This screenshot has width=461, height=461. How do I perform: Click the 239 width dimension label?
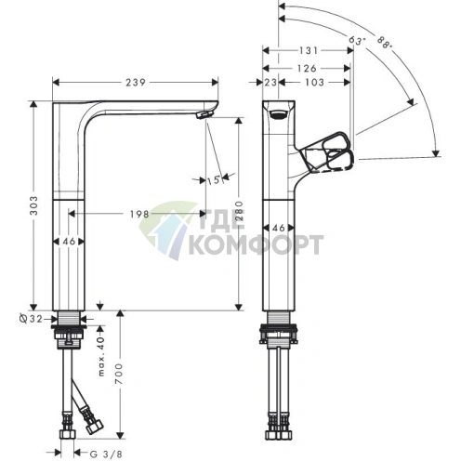136,83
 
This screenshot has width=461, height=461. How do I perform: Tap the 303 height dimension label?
33,205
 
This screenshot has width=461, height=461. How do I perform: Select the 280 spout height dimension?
240,211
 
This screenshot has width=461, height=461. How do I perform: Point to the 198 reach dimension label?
139,214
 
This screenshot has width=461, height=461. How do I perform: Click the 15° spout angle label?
215,180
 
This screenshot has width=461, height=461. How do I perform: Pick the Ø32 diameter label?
31,319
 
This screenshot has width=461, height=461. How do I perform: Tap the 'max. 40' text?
101,357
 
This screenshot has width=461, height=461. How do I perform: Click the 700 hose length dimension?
119,374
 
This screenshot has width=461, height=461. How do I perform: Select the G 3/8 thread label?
106,454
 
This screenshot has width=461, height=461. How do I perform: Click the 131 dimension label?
309,50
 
